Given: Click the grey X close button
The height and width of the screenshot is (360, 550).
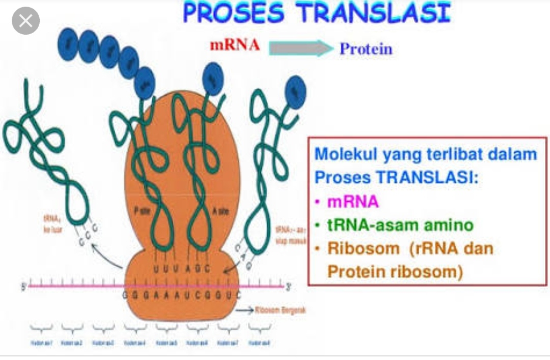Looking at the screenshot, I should click(x=25, y=21).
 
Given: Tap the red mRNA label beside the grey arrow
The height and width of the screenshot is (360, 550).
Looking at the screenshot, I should click(x=235, y=46).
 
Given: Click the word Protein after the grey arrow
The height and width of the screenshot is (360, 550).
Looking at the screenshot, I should click(x=366, y=49).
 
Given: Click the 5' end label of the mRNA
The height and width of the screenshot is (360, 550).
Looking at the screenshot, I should click(x=23, y=287).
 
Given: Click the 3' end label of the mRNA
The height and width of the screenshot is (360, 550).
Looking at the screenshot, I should click(x=288, y=287).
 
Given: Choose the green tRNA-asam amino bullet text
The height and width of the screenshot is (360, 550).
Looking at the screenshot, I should click(x=400, y=225).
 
